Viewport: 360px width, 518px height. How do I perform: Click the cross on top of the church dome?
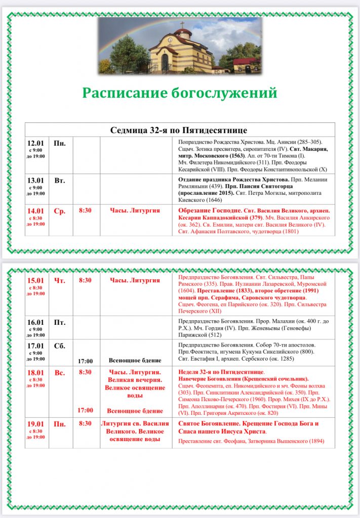click(x=182, y=25)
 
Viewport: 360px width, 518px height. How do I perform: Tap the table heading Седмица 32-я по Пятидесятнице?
click(x=179, y=130)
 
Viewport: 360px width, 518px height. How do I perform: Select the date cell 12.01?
click(x=35, y=144)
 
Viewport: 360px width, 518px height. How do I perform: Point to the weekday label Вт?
click(x=59, y=180)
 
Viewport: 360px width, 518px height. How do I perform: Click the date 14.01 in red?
click(x=35, y=211)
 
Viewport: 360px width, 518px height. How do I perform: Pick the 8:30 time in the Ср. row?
click(x=85, y=211)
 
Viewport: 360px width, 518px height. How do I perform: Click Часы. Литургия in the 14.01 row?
click(x=135, y=211)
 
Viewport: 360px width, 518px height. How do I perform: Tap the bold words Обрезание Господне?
click(x=207, y=211)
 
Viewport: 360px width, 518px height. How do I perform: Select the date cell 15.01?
click(x=35, y=280)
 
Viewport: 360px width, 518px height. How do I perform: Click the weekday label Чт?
click(x=59, y=280)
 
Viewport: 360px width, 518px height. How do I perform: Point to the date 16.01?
click(x=35, y=322)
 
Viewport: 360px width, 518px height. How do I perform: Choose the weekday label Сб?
click(x=59, y=346)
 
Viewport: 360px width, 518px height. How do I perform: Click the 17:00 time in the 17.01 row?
click(x=85, y=361)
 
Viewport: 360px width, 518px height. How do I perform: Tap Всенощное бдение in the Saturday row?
click(x=135, y=361)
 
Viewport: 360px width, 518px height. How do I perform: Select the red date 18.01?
click(x=35, y=373)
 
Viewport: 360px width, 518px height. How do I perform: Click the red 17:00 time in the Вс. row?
click(x=85, y=410)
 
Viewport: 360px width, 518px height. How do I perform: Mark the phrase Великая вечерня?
click(x=135, y=380)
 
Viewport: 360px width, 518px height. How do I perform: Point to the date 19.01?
click(x=35, y=424)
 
